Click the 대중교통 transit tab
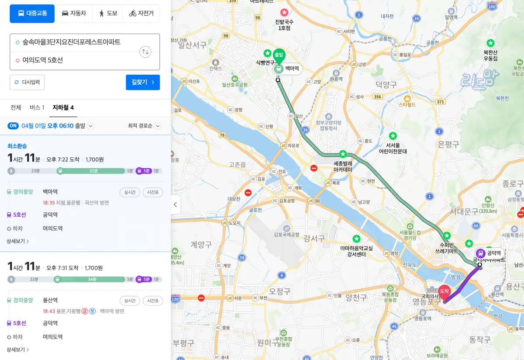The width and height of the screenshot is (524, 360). pos(32,14)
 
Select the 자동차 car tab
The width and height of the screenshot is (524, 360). pos(74,14)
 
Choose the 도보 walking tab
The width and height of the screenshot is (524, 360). pos(108,14)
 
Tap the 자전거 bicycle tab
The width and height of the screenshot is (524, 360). pos(141,14)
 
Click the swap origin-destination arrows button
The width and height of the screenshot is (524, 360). pos(145,52)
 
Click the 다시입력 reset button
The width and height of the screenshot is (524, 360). pos(27,82)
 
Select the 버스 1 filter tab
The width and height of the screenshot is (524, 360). pos(37,107)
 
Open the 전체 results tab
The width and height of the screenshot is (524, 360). pos(16,107)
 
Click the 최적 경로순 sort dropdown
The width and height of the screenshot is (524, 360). pos(144,126)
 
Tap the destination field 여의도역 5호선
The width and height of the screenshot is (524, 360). pos(74,60)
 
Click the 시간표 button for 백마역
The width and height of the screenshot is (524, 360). pos(152,192)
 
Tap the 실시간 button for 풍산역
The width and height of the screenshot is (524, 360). pos(130,301)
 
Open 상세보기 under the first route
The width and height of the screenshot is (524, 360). pos(17,241)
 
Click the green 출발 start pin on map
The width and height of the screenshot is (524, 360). pos(279,55)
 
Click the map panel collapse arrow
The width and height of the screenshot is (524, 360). pos(176,204)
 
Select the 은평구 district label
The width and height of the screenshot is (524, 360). pos(448,144)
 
